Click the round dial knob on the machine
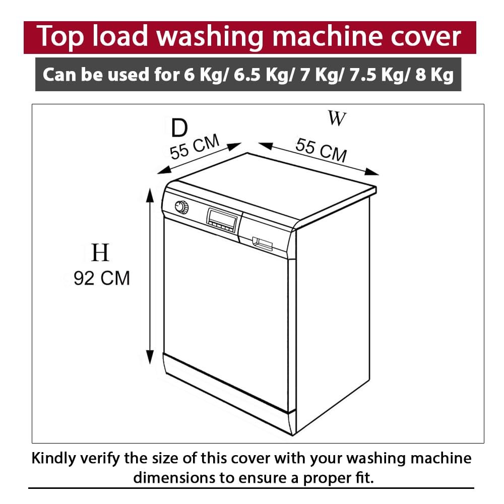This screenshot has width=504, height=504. tap(182, 207)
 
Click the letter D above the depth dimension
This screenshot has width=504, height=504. tap(179, 128)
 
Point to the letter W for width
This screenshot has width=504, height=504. tap(337, 118)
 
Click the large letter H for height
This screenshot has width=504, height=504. tap(100, 253)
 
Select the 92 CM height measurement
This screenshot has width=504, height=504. tap(102, 278)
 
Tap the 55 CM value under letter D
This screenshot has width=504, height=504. tap(195, 147)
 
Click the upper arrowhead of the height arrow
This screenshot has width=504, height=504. tap(150, 195)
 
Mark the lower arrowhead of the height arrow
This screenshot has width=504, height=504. tap(150, 357)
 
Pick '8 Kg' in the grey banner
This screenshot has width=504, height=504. tap(434, 75)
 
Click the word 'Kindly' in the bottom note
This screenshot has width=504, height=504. tap(54, 458)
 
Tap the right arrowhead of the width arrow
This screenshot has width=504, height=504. tap(371, 172)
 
